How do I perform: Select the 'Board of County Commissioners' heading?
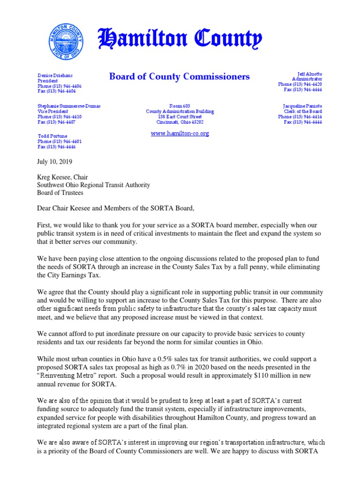click(180, 76)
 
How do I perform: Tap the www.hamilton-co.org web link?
click(180, 134)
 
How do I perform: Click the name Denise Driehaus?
click(55, 75)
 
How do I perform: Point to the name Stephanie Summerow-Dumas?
click(69, 106)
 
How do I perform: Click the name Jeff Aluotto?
click(310, 75)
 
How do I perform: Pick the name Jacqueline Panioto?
click(302, 106)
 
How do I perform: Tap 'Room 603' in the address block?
click(180, 106)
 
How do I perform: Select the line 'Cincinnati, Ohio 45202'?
click(180, 122)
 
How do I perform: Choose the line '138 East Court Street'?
click(180, 117)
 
